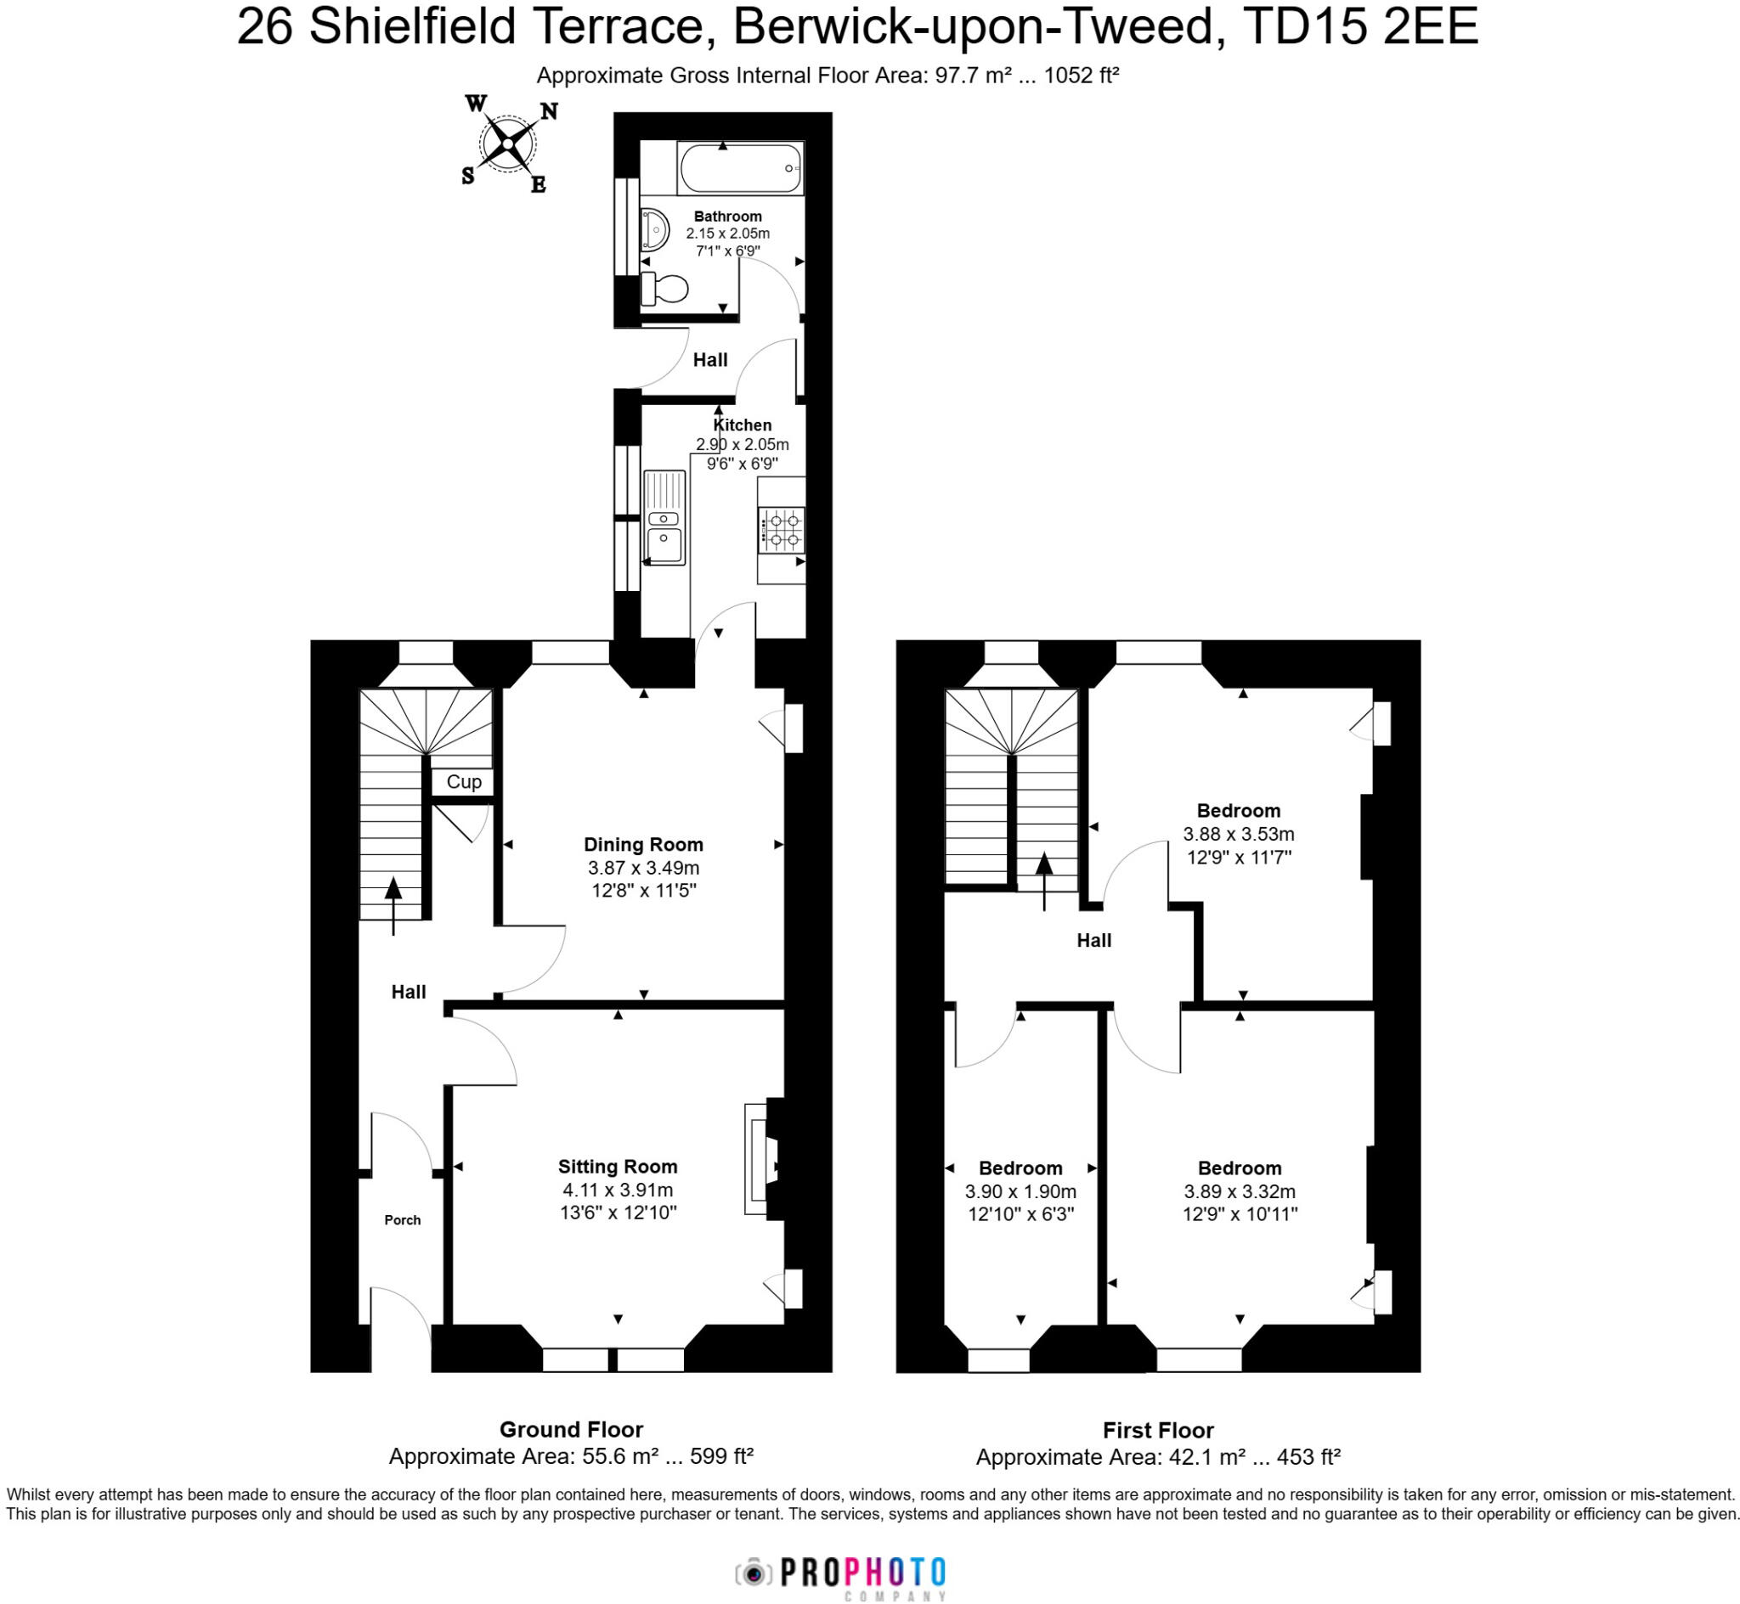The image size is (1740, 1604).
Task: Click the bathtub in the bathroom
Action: (740, 168)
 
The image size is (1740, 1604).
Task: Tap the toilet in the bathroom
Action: (664, 289)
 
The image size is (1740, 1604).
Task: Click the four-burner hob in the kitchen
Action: (782, 531)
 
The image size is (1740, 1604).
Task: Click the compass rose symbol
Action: (507, 144)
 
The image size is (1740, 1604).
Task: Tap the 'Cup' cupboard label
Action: (464, 782)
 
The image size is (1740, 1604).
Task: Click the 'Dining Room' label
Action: (643, 845)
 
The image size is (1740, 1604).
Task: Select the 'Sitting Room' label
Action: (618, 1167)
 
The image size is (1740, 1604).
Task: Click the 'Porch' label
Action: (402, 1219)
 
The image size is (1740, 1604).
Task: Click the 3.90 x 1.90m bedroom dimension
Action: (1020, 1191)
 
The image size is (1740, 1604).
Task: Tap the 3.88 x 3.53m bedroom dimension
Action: (1238, 834)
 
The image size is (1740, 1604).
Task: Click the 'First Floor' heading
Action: (1158, 1430)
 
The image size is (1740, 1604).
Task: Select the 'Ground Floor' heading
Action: (570, 1429)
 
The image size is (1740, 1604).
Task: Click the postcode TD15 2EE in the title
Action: (1359, 27)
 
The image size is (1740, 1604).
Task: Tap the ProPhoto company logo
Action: (840, 1572)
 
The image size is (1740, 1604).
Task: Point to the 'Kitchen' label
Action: (743, 425)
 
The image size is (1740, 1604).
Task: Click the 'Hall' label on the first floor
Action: (1094, 940)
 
